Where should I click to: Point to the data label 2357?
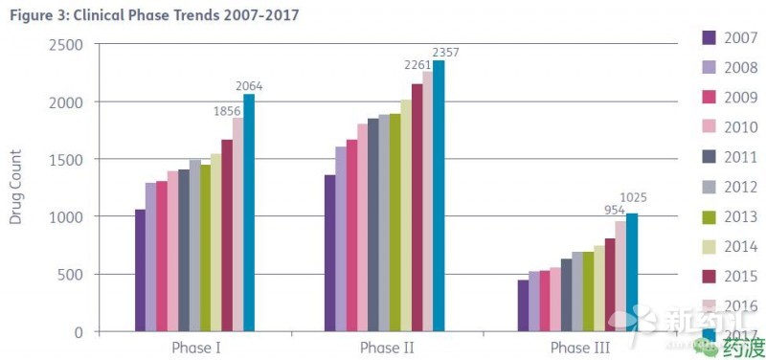coord(445,52)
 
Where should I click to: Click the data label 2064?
coord(249,86)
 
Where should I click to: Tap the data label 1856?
coord(227,110)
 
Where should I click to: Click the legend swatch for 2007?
coord(710,37)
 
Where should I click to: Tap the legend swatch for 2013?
coord(710,216)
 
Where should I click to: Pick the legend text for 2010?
coord(742,127)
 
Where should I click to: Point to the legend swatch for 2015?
coord(710,276)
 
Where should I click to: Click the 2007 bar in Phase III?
coord(523,305)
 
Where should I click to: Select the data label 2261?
coord(419,65)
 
